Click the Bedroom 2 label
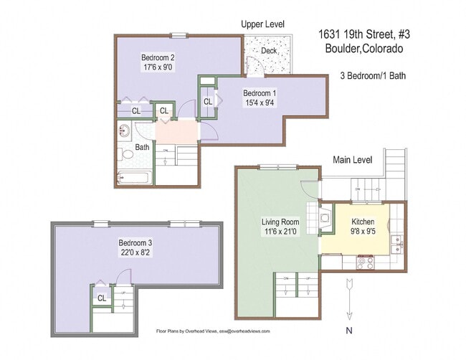158,57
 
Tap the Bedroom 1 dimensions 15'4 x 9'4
259,103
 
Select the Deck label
269,50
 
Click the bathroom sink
122,131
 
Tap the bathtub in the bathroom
133,177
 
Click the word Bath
143,147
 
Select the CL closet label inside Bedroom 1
207,102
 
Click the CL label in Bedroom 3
101,298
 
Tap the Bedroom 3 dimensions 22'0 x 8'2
135,252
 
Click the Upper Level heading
263,24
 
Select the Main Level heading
352,159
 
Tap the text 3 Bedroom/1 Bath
373,75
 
